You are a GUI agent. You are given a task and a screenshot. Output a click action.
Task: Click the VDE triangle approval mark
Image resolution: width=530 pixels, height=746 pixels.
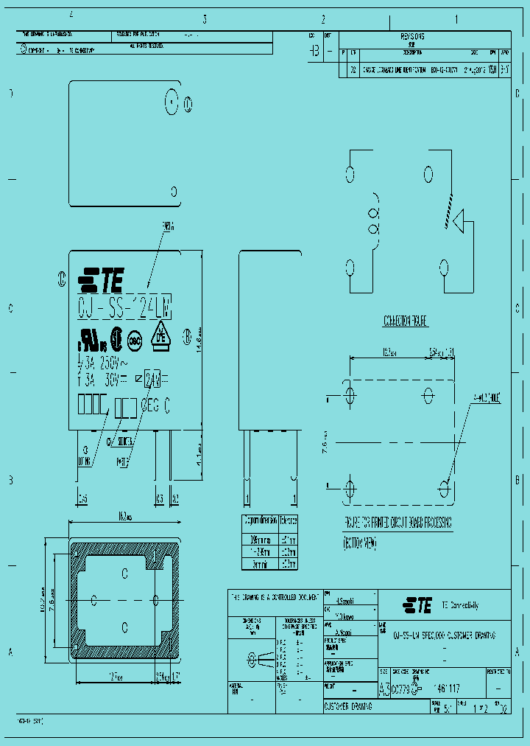pyautogui.click(x=160, y=336)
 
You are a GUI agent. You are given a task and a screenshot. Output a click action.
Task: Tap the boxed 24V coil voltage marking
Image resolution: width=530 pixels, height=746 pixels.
pyautogui.click(x=153, y=380)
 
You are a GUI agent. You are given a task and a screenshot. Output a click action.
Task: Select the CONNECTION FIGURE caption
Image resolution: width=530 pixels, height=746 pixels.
pyautogui.click(x=405, y=321)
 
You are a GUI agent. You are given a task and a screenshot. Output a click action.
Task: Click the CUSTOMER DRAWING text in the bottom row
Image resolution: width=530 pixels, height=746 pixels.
pyautogui.click(x=347, y=705)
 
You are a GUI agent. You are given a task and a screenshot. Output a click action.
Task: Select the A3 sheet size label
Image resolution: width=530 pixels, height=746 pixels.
pyautogui.click(x=384, y=688)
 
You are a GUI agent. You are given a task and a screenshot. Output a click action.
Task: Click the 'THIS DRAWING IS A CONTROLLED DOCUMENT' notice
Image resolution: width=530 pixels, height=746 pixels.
pyautogui.click(x=274, y=596)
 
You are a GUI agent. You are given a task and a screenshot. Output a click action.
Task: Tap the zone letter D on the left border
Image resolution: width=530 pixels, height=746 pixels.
pyautogui.click(x=10, y=94)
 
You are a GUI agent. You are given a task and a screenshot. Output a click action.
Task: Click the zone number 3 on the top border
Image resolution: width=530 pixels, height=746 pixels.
pyautogui.click(x=205, y=20)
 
